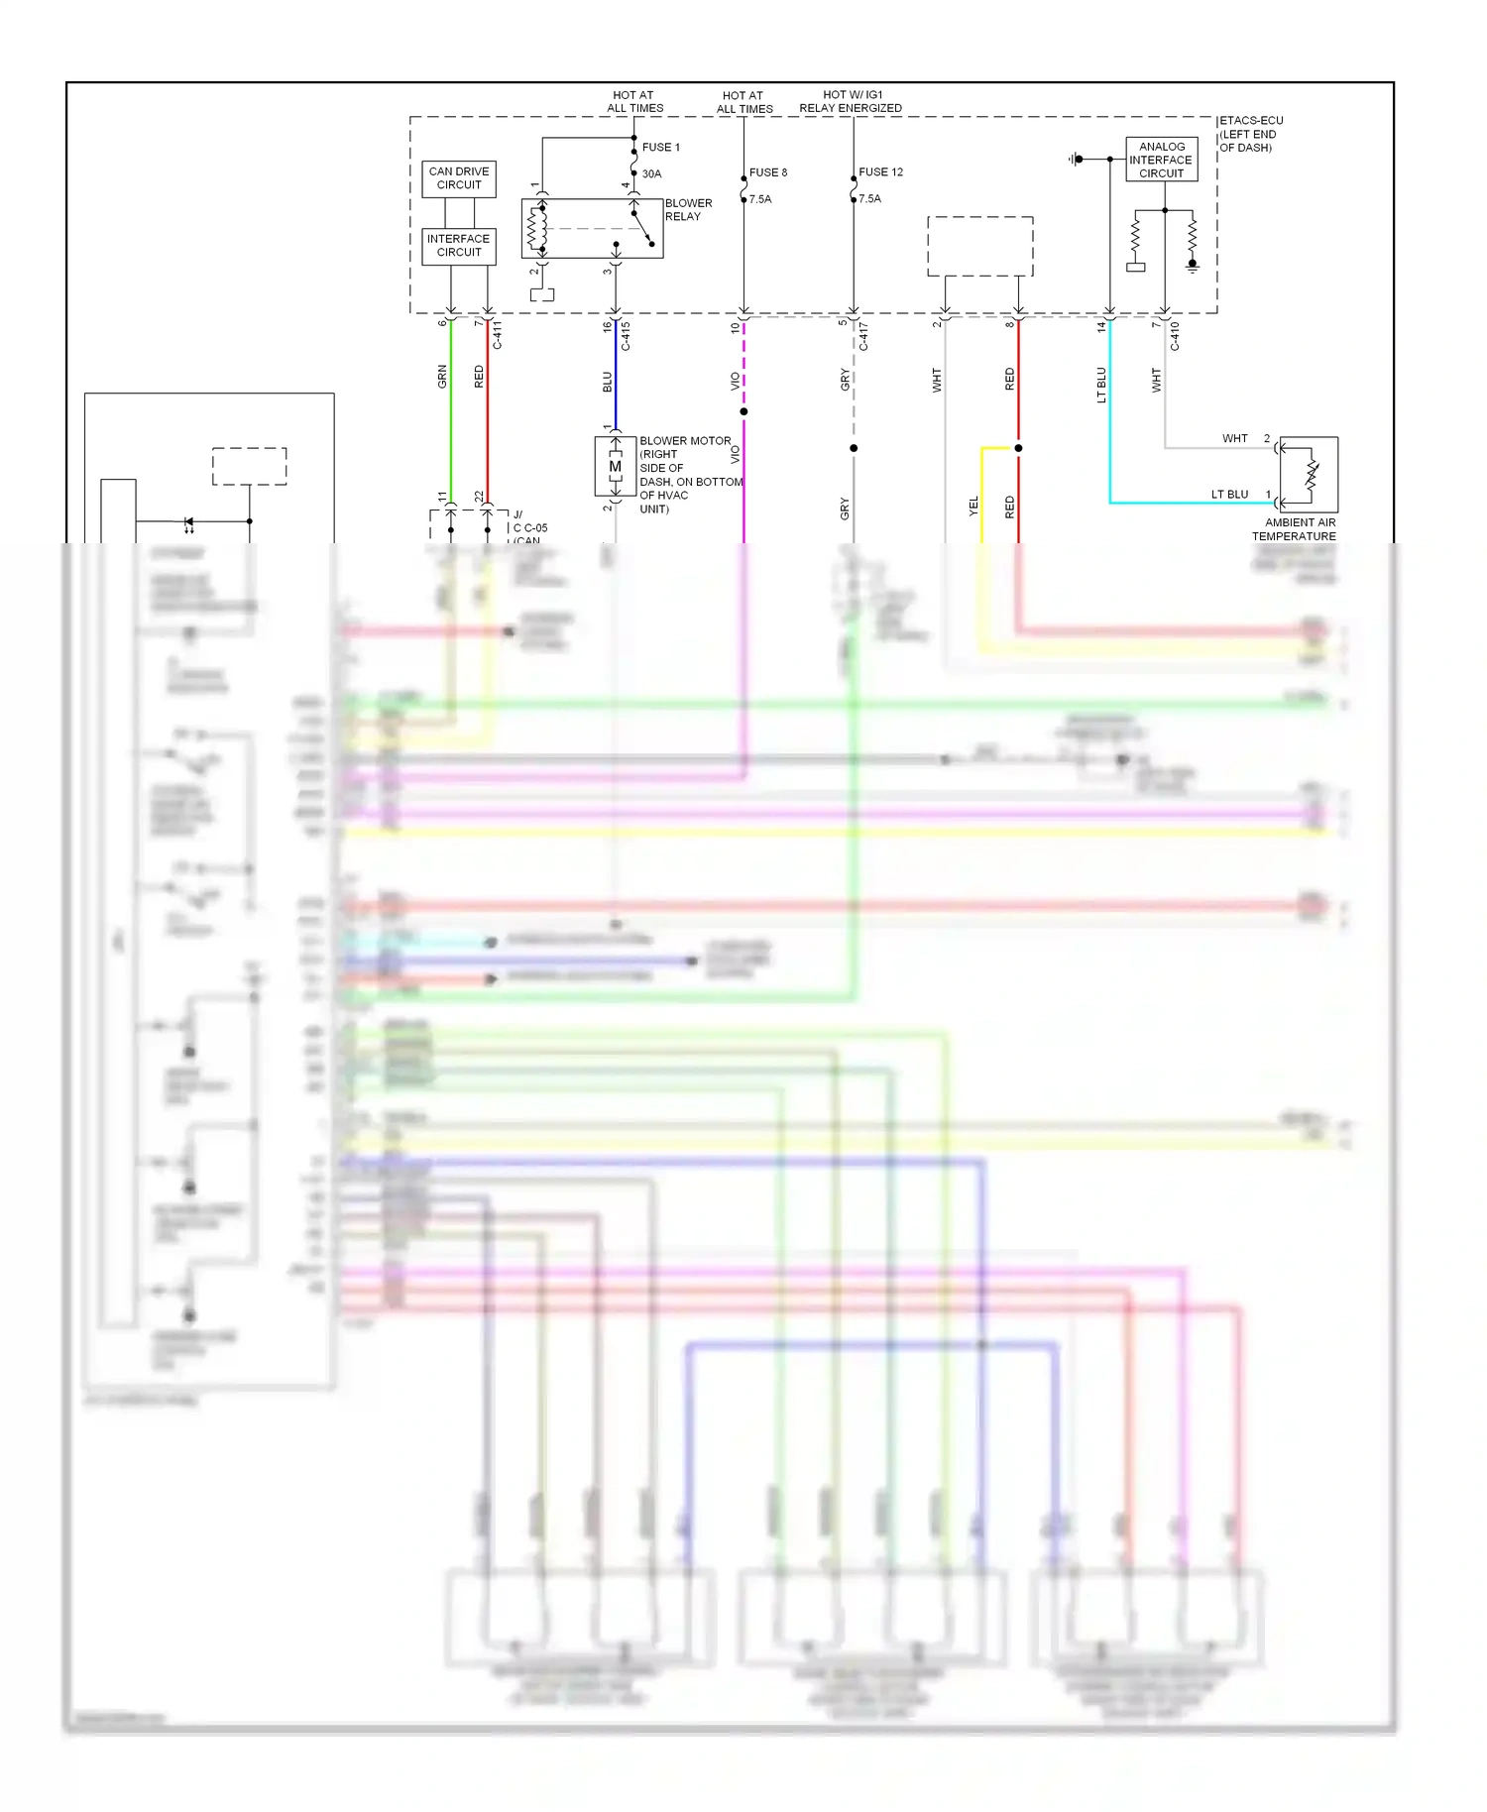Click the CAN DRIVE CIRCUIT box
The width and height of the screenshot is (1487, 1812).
pyautogui.click(x=459, y=178)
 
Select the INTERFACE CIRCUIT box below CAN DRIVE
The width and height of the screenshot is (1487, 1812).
pyautogui.click(x=458, y=245)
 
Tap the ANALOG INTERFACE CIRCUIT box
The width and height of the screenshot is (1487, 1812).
pyautogui.click(x=1161, y=160)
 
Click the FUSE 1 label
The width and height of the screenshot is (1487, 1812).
pyautogui.click(x=660, y=148)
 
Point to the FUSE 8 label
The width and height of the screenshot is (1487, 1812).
pyautogui.click(x=768, y=172)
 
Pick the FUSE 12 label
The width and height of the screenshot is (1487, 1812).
pyautogui.click(x=880, y=172)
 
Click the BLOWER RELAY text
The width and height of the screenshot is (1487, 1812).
pyautogui.click(x=688, y=209)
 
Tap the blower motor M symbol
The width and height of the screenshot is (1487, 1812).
pyautogui.click(x=615, y=466)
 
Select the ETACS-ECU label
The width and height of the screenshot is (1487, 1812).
pyautogui.click(x=1250, y=121)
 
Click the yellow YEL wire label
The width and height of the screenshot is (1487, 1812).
pyautogui.click(x=973, y=506)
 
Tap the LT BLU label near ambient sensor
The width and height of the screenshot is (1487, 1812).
pyautogui.click(x=1229, y=495)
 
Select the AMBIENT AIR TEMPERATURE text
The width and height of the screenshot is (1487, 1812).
pyautogui.click(x=1294, y=529)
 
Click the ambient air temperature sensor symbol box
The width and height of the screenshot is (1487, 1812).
pyautogui.click(x=1310, y=474)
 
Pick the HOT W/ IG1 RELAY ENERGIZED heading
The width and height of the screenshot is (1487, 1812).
pyautogui.click(x=851, y=102)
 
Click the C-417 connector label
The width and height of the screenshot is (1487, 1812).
pyautogui.click(x=863, y=336)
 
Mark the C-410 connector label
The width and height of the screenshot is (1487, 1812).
pyautogui.click(x=1175, y=336)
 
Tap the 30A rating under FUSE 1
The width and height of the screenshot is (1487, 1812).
pyautogui.click(x=651, y=174)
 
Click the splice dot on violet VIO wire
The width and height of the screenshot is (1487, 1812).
pyautogui.click(x=743, y=411)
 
